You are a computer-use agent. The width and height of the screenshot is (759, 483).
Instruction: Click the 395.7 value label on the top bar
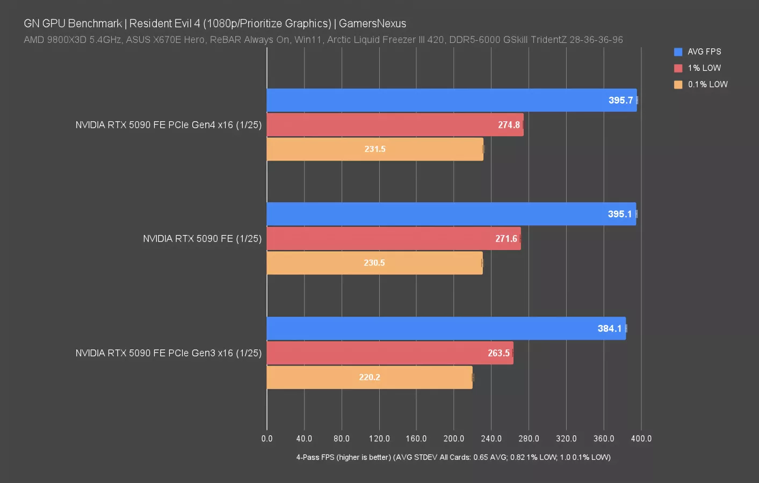[x=620, y=100]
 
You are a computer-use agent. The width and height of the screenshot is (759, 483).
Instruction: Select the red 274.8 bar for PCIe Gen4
[x=395, y=125]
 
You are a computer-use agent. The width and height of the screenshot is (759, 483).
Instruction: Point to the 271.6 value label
[x=506, y=239]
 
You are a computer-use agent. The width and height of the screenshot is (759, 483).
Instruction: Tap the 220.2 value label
[x=370, y=377]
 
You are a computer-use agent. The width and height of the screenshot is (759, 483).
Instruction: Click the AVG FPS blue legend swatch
[x=678, y=52]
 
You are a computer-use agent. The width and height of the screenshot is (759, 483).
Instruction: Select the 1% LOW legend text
[x=704, y=68]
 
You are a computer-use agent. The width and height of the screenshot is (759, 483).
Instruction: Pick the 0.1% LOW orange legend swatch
[x=678, y=84]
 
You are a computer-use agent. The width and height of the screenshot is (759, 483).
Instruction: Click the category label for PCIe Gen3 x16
[x=168, y=353]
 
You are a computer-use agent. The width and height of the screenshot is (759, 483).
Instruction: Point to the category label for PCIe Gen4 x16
[x=168, y=125]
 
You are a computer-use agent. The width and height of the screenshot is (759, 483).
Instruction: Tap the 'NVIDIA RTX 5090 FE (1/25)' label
[x=202, y=239]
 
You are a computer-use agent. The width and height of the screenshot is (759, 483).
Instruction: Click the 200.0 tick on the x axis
[x=454, y=438]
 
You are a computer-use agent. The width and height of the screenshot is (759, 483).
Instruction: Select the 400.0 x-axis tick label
[x=641, y=438]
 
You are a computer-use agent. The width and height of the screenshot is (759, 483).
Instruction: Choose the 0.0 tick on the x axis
[x=267, y=438]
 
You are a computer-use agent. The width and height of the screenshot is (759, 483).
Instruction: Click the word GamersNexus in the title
[x=372, y=24]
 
